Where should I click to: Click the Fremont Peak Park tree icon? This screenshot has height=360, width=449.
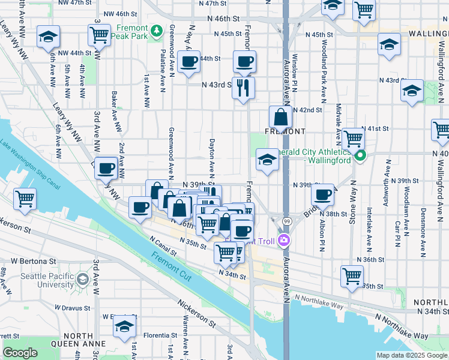[x=157, y=29]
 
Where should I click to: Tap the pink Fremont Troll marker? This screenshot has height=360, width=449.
[x=283, y=241]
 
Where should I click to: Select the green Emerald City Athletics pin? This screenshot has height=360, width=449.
[x=360, y=158]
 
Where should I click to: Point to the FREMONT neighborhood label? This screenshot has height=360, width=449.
[x=286, y=131]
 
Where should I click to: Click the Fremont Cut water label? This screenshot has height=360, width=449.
[x=171, y=262]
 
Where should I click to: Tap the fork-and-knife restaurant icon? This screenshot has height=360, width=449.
[x=243, y=88]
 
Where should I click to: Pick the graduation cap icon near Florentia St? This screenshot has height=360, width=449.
[x=124, y=326]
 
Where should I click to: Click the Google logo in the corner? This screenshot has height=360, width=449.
[x=20, y=353]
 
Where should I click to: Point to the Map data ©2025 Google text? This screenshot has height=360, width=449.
[x=411, y=355]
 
